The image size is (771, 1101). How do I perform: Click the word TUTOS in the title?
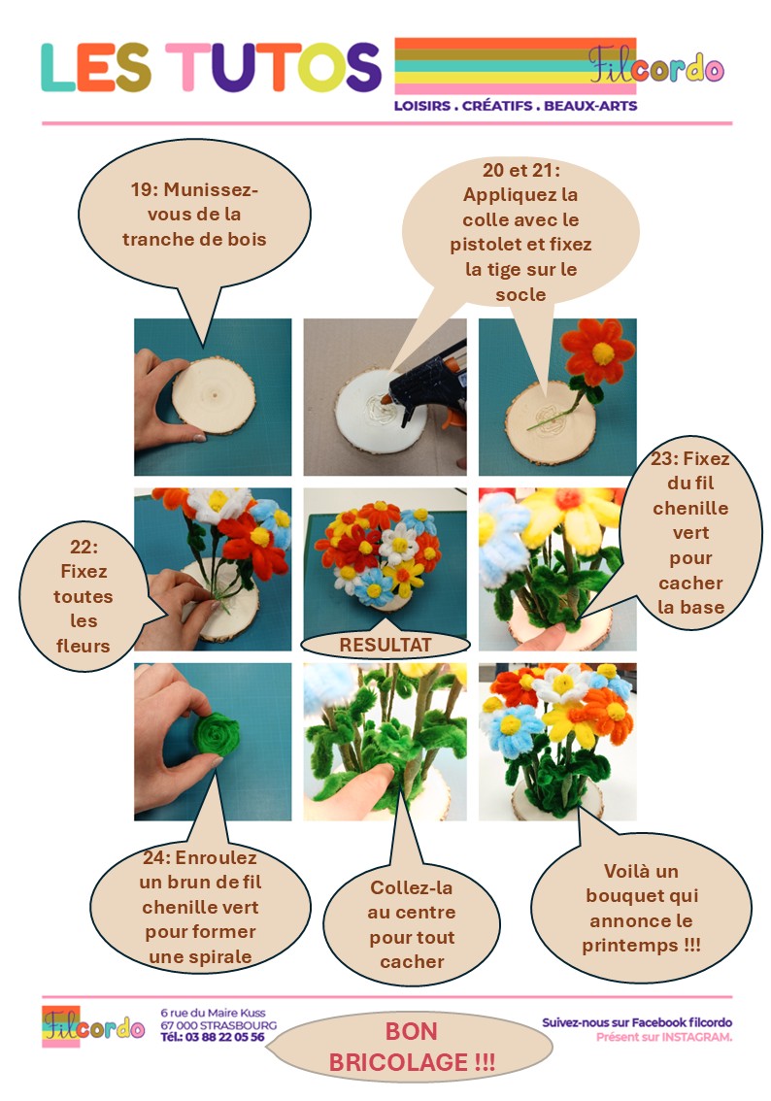click(274, 67)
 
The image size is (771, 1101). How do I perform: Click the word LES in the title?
click(95, 67)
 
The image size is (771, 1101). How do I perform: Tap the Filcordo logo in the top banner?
click(655, 65)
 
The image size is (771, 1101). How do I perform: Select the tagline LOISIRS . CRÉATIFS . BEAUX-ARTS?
click(516, 106)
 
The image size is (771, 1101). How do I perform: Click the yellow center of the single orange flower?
click(602, 353)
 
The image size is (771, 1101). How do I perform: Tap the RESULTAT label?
click(385, 645)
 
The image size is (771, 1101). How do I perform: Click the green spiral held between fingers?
click(217, 734)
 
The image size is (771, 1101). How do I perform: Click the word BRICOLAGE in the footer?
click(399, 1062)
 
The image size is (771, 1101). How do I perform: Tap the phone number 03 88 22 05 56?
click(224, 1037)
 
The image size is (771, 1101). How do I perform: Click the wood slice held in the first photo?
click(214, 394)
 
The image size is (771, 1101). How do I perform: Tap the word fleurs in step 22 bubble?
click(83, 646)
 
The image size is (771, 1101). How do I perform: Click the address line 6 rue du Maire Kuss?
click(213, 1013)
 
